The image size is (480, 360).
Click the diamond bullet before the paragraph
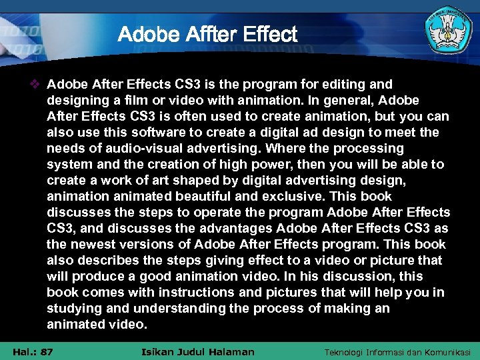pos(37,85)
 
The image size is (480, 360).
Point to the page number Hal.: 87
pos(33,351)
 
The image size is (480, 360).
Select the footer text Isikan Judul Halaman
pos(199,351)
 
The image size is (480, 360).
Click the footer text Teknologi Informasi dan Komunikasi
pos(397,351)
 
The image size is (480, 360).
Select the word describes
pos(108,261)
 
